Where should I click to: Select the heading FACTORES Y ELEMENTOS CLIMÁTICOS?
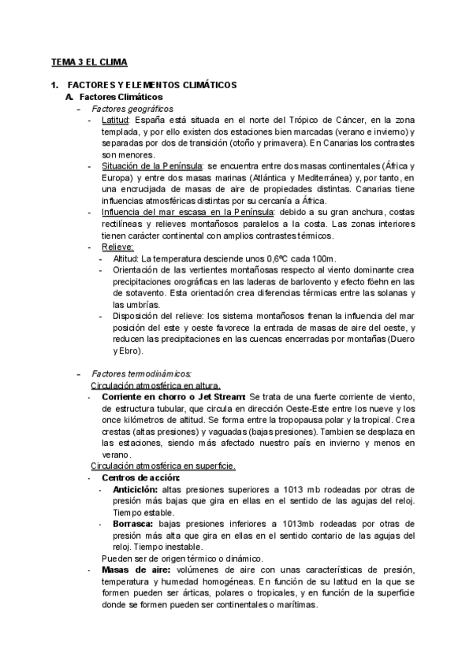(x=152, y=84)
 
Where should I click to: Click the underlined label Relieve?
(x=117, y=247)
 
